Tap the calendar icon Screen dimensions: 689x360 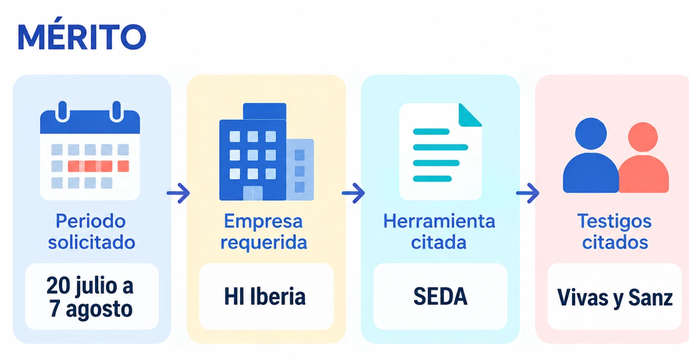coord(90,151)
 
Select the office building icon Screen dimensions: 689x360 coord(266,152)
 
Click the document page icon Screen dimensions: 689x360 coord(440,152)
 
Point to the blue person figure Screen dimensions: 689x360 coord(591,156)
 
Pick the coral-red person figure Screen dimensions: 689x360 coord(644,158)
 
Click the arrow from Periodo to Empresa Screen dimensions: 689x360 coord(179,193)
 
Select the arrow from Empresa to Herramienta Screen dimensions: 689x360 coord(353,193)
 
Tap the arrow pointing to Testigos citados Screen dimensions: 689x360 coord(528,193)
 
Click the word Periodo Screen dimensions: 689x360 coord(91,221)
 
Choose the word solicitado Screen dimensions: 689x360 coord(92,242)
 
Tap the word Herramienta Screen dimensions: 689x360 coord(439,221)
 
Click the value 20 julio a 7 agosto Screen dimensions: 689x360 coord(91,297)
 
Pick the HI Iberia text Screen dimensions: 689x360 coord(265,296)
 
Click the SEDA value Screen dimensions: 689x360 coord(440,296)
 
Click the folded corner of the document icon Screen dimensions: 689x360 coord(470,115)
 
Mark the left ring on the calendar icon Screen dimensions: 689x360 coord(62,111)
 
